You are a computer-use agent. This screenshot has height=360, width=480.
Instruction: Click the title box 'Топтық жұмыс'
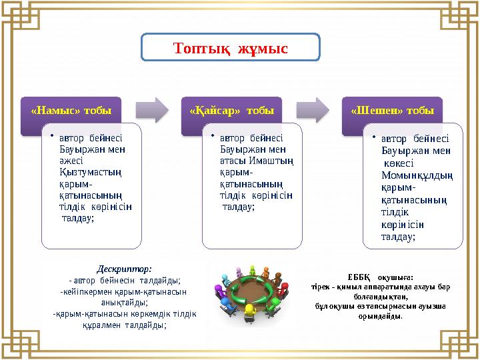[231, 48]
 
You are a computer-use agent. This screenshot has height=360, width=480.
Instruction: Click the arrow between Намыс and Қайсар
[153, 109]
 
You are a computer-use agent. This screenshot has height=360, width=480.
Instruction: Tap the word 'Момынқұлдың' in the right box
[413, 175]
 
